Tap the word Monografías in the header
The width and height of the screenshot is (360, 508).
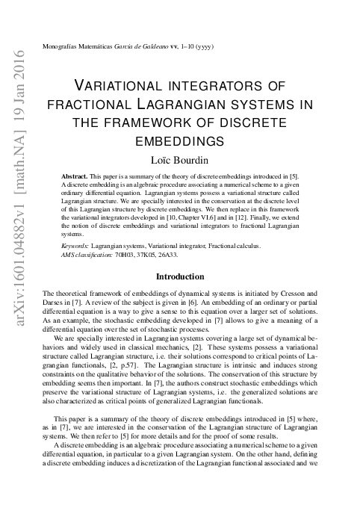[64, 46]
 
